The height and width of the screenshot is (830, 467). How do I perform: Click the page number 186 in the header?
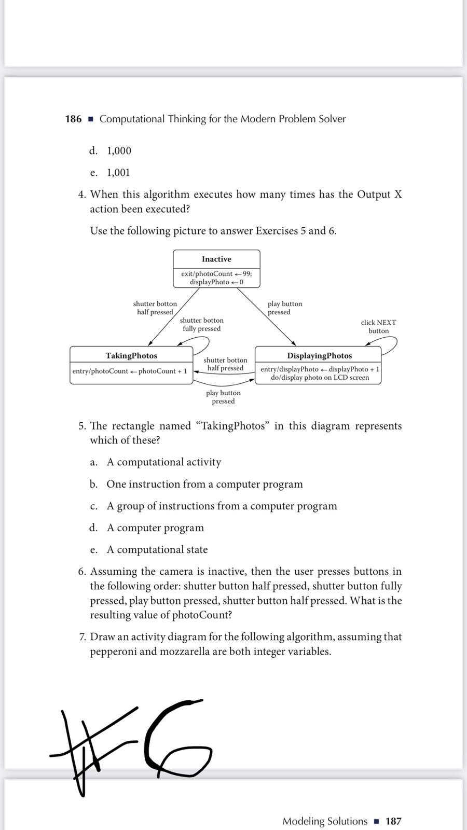(x=73, y=119)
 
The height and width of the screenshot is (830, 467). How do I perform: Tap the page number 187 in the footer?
(x=393, y=821)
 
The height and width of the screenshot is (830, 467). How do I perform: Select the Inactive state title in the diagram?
(x=216, y=259)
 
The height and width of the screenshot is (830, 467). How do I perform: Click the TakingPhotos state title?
(x=131, y=355)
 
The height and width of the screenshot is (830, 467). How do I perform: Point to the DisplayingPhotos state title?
(x=319, y=355)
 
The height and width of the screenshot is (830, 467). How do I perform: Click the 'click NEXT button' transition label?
(x=378, y=326)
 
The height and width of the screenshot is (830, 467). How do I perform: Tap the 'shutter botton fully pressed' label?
(x=201, y=324)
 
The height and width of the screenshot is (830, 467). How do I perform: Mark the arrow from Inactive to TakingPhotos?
(x=174, y=316)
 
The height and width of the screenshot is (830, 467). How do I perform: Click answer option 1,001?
(x=118, y=172)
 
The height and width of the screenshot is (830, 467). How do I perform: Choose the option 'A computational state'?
(x=157, y=549)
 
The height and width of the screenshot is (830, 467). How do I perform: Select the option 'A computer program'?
(x=155, y=528)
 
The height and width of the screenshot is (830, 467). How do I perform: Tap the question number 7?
(x=82, y=637)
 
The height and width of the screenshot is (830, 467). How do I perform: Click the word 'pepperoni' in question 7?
(x=113, y=651)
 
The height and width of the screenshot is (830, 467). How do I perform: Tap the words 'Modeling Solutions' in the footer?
(x=324, y=821)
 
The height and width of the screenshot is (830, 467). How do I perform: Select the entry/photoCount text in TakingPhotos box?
(x=130, y=371)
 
